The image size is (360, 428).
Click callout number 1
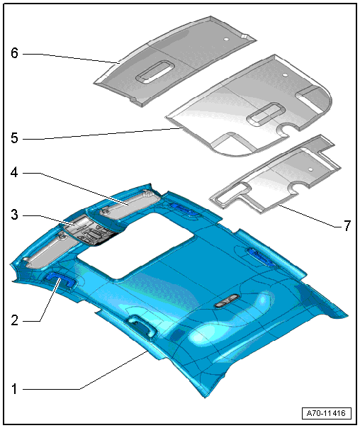pyautogui.click(x=14, y=389)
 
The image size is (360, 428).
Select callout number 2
pyautogui.click(x=14, y=320)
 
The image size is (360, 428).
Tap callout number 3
pyautogui.click(x=14, y=215)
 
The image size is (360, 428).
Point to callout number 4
pyautogui.click(x=14, y=172)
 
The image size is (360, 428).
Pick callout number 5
pyautogui.click(x=14, y=138)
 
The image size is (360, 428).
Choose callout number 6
pyautogui.click(x=14, y=52)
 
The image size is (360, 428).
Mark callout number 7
pyautogui.click(x=347, y=226)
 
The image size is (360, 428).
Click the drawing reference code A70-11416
pyautogui.click(x=326, y=413)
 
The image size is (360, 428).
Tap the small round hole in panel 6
pyautogui.click(x=226, y=39)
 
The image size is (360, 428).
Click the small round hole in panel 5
pyautogui.click(x=285, y=74)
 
